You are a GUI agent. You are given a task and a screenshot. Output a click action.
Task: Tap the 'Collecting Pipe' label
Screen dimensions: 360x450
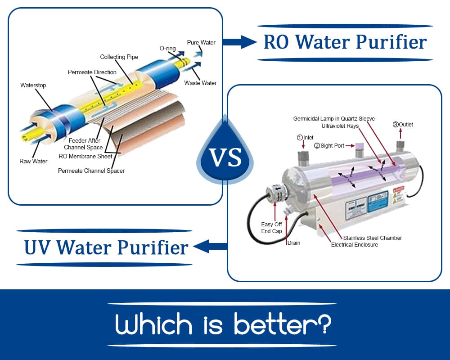(119, 57)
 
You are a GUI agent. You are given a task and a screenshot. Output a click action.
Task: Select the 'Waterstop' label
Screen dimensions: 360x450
(33, 85)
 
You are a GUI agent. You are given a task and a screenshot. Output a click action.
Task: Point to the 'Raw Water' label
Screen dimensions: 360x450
(33, 161)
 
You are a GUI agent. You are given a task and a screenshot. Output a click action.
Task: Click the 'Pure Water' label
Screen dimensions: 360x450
(201, 43)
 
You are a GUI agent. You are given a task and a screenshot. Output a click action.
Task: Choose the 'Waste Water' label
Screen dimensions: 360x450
(200, 83)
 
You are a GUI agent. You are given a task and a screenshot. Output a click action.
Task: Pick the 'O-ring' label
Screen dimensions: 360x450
(167, 48)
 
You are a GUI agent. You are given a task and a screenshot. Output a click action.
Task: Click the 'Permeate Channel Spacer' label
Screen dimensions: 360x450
(91, 171)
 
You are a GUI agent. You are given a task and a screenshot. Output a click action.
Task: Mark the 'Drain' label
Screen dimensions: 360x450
(293, 243)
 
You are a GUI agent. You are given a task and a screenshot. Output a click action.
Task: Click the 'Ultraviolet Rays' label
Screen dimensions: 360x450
(340, 126)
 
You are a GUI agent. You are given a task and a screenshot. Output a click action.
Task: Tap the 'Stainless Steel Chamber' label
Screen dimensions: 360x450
(373, 238)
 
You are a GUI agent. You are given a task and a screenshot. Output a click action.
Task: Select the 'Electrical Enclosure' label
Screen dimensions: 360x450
(355, 245)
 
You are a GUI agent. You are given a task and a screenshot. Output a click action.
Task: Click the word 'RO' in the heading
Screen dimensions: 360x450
(276, 42)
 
